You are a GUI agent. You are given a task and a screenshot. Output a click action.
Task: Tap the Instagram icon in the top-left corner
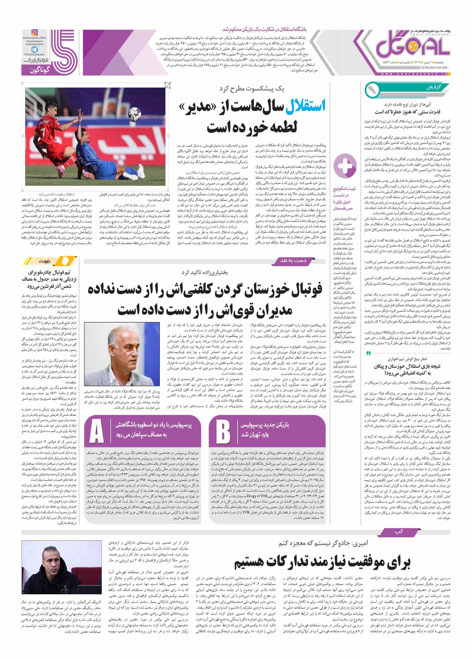tap(34, 33)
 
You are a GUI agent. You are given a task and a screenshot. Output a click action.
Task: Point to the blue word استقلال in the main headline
tap(305, 106)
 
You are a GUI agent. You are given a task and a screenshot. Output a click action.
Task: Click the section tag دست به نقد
tap(293, 261)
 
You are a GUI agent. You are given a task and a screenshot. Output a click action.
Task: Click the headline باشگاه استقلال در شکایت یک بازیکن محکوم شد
tap(264, 30)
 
